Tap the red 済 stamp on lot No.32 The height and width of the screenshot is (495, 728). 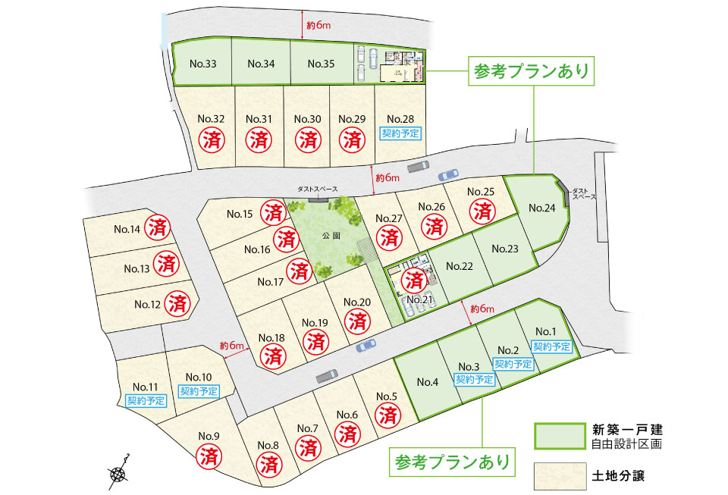click(211, 139)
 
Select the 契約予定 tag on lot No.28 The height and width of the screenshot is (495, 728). click(400, 132)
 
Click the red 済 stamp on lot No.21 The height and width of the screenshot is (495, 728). click(413, 280)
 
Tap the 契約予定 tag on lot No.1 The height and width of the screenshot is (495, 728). click(551, 346)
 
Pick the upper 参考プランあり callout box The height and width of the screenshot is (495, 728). click(531, 73)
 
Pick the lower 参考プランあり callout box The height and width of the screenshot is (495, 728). click(451, 460)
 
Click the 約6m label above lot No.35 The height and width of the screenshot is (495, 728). click(319, 26)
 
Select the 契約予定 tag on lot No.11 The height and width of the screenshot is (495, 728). click(146, 399)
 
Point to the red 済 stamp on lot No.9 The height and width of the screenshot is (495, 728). click(209, 456)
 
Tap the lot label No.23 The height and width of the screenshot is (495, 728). click(504, 248)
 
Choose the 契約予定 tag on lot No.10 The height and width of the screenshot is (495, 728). click(199, 391)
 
